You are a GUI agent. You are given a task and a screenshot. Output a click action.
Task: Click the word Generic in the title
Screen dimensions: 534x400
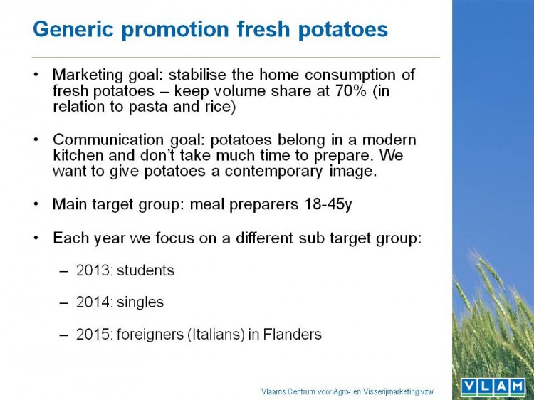pyautogui.click(x=73, y=28)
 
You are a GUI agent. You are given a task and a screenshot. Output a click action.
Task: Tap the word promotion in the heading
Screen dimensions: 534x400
pyautogui.click(x=175, y=30)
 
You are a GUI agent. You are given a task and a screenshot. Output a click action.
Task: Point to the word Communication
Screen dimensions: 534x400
pyautogui.click(x=109, y=140)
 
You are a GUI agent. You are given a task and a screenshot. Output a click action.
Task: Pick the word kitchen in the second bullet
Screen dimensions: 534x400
pyautogui.click(x=78, y=155)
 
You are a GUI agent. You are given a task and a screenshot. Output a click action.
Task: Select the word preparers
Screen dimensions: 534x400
pyautogui.click(x=264, y=205)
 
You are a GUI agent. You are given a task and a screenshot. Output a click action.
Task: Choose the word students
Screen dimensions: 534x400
pyautogui.click(x=145, y=270)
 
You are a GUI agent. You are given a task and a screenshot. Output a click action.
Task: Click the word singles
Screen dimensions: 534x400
pyautogui.click(x=140, y=302)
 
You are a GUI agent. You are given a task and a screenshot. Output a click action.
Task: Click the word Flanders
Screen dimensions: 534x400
pyautogui.click(x=293, y=334)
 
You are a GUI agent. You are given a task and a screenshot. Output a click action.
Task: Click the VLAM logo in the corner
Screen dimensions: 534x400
pyautogui.click(x=493, y=386)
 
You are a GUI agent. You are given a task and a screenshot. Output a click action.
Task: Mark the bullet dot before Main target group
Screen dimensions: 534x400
pyautogui.click(x=36, y=204)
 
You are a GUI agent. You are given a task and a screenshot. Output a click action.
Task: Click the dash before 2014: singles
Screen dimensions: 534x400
pyautogui.click(x=63, y=302)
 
